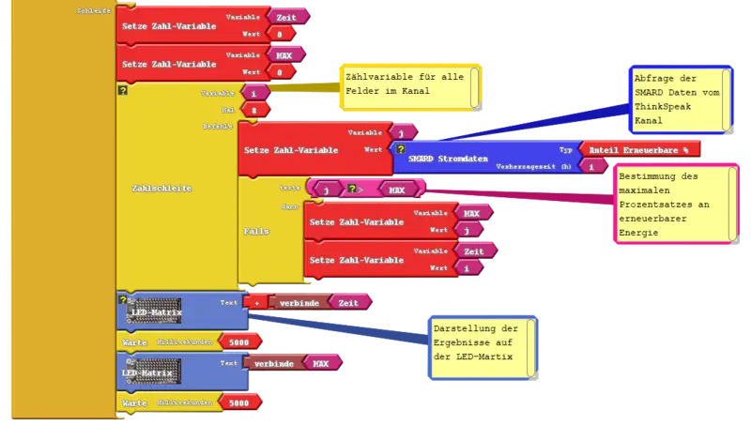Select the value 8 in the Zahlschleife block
(253, 110)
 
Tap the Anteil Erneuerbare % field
(639, 148)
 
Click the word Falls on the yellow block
(256, 230)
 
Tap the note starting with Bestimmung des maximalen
(670, 205)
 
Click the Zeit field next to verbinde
(348, 301)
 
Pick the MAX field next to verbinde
(320, 362)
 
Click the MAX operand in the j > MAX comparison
(397, 189)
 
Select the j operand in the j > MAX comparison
(325, 189)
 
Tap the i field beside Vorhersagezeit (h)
(591, 164)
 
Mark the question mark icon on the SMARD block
(401, 148)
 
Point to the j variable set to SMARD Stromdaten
(402, 132)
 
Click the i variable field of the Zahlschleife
(253, 94)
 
